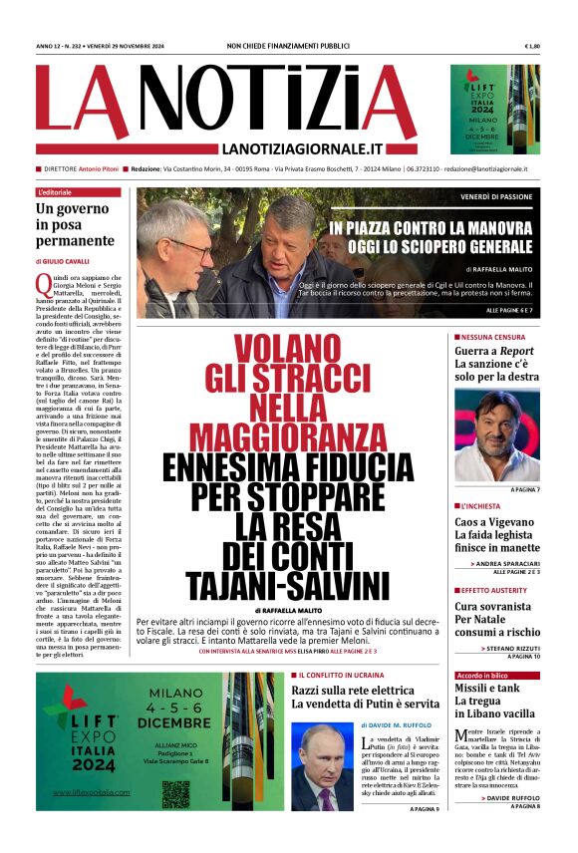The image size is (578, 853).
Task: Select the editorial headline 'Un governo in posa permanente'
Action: point(75,224)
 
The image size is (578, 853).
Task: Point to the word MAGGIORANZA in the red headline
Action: point(287,436)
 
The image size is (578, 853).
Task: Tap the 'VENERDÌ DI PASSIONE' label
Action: point(496,197)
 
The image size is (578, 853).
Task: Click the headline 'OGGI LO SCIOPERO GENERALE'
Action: point(432,246)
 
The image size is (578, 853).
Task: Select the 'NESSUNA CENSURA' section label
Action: point(491,337)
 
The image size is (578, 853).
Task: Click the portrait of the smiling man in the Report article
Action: point(496,434)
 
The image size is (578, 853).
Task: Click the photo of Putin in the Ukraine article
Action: point(322,766)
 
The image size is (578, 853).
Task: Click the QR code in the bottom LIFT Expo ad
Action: point(175,793)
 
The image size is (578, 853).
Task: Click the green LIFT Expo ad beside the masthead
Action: point(495,110)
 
